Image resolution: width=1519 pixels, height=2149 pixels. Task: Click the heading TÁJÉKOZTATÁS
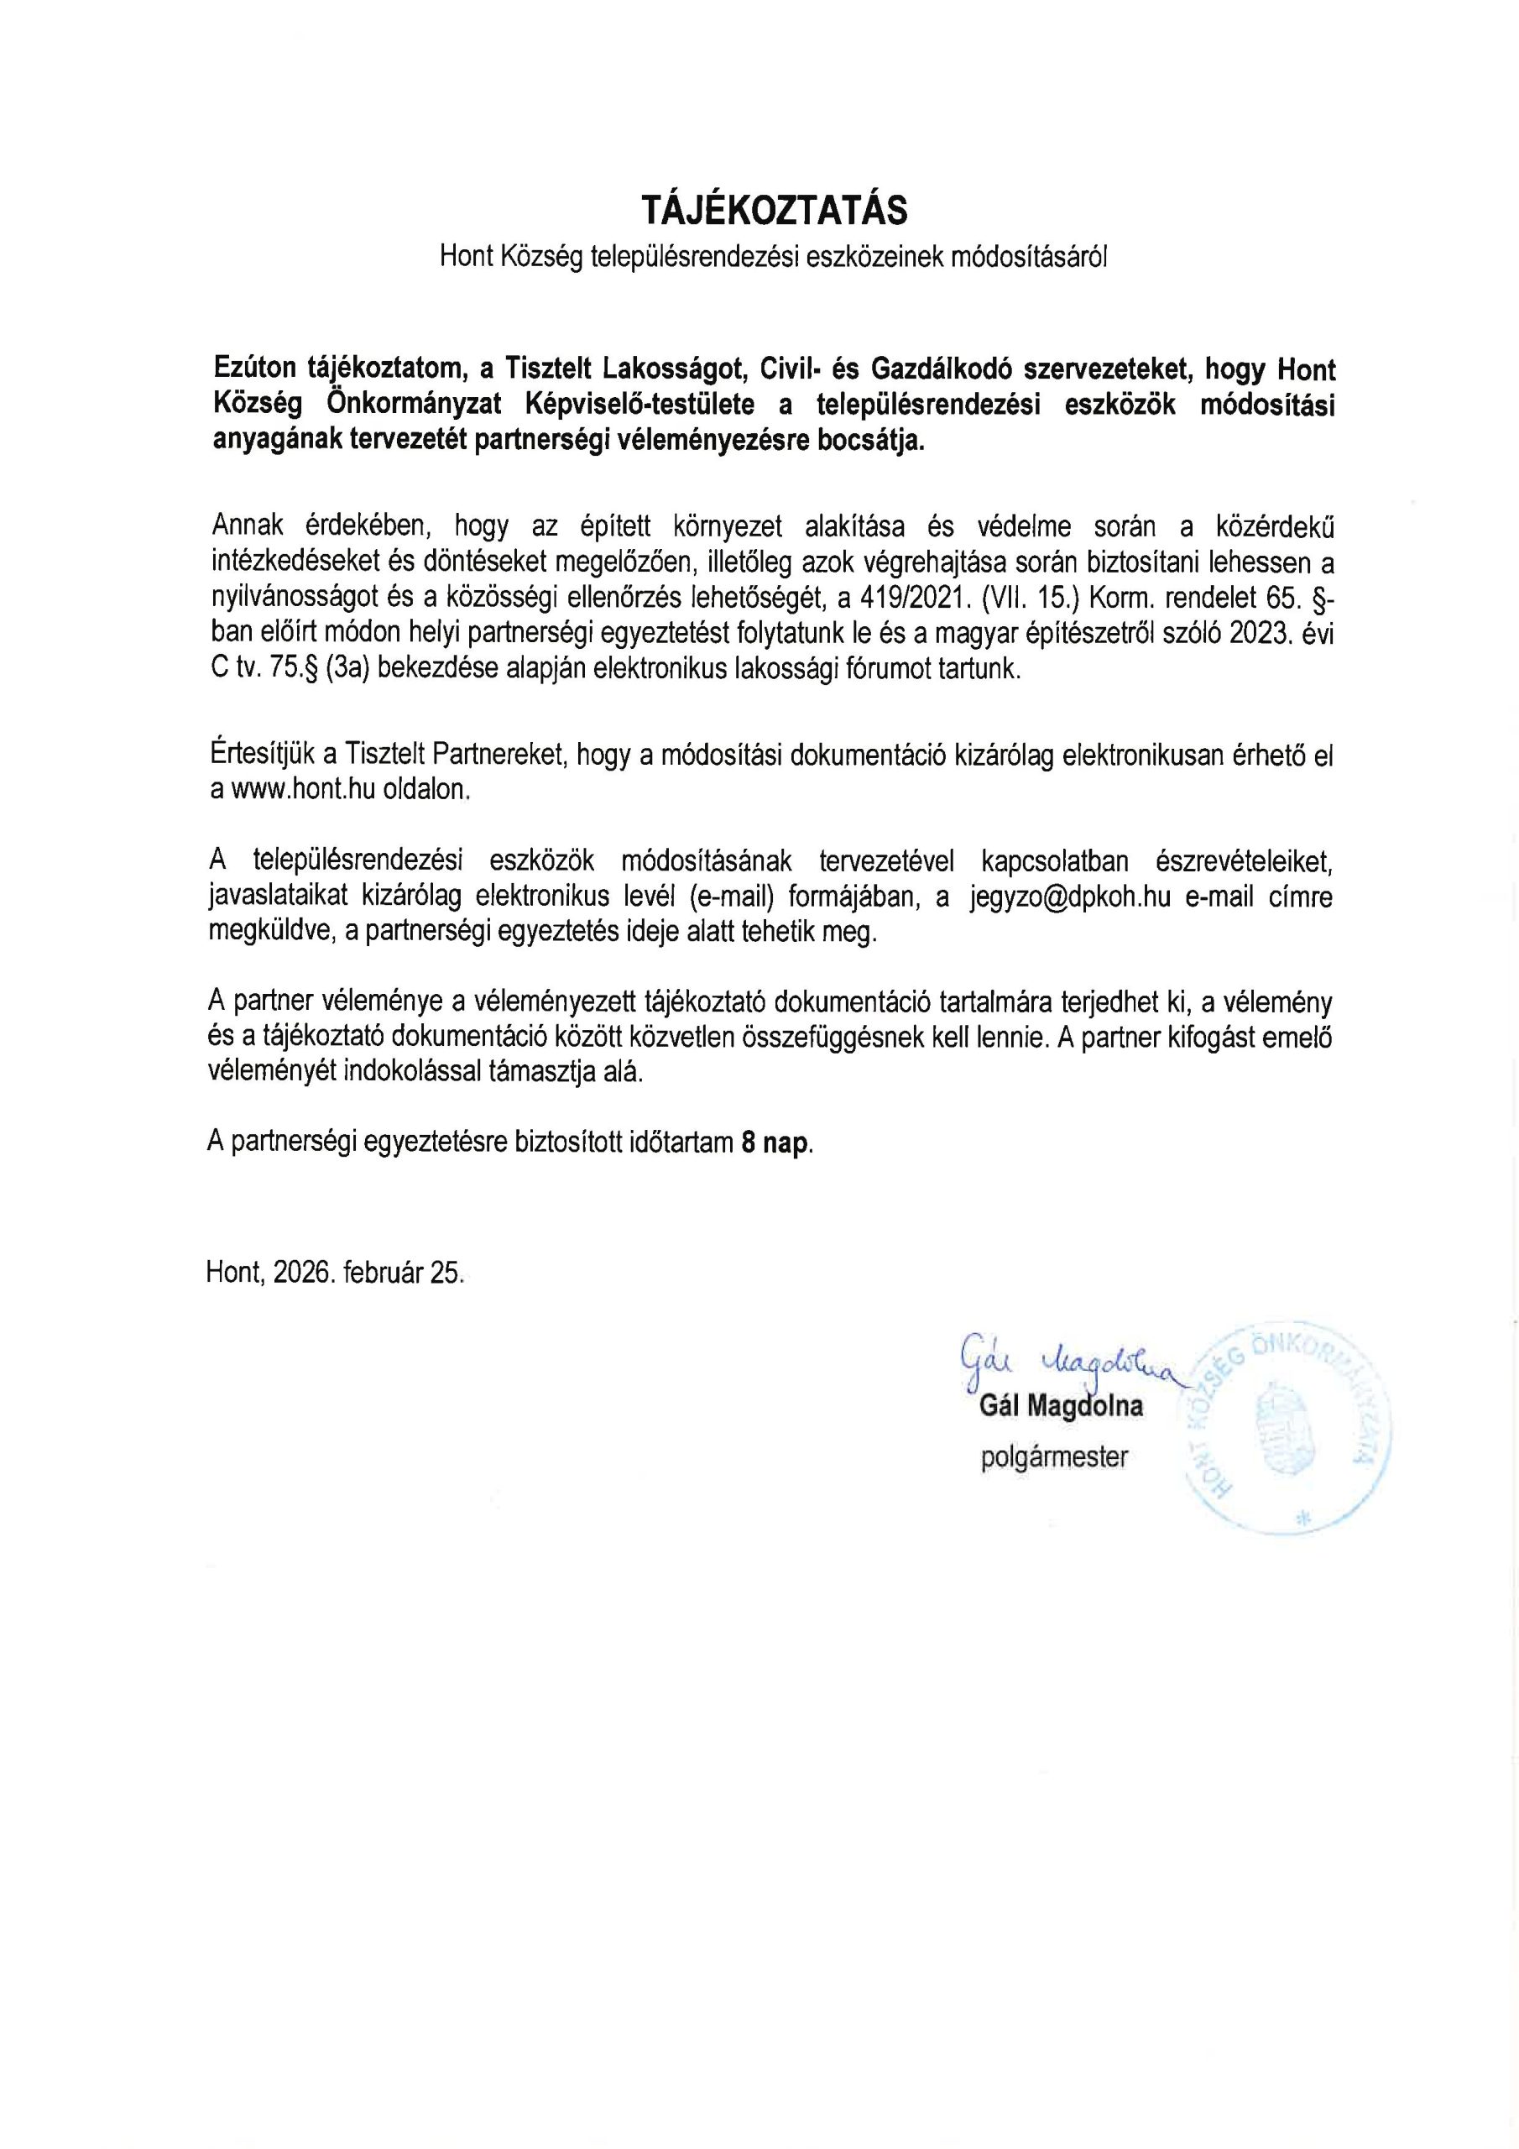coord(774,211)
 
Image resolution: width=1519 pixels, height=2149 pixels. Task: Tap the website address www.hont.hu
coord(303,789)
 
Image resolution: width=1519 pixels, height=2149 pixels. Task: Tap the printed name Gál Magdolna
coord(1062,1407)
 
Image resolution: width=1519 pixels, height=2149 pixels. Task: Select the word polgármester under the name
coord(1055,1457)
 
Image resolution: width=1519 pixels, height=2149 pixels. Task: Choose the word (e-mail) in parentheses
coord(731,897)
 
